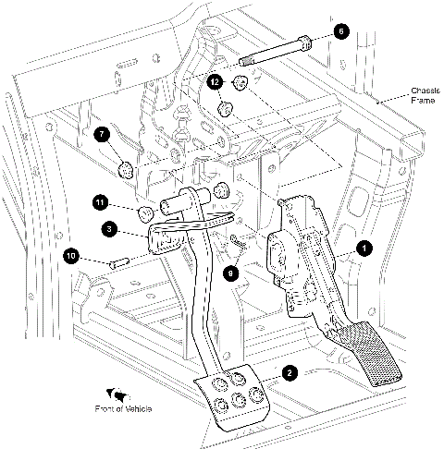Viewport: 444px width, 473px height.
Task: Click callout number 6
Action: [x=339, y=31]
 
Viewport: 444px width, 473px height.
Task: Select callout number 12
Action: [x=216, y=82]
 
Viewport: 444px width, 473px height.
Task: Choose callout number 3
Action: [x=109, y=227]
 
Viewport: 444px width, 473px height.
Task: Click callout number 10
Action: [x=70, y=255]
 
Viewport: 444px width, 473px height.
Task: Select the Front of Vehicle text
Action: [x=123, y=408]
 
